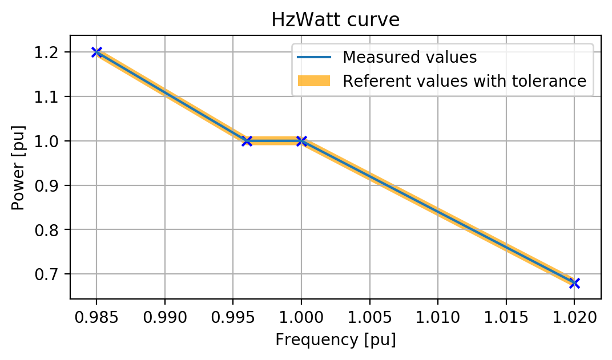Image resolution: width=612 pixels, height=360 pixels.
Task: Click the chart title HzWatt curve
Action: click(x=335, y=20)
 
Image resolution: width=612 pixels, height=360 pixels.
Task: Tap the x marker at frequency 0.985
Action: click(x=96, y=52)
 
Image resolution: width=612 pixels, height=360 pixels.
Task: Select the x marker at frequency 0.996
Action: click(x=247, y=141)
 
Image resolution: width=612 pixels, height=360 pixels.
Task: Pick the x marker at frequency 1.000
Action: click(x=301, y=141)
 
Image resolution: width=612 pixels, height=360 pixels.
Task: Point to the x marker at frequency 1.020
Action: click(x=574, y=283)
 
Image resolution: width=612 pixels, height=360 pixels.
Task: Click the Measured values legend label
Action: click(x=409, y=57)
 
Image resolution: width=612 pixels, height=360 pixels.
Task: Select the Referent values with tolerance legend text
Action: click(x=464, y=81)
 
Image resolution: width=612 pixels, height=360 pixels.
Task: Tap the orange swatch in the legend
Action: click(x=314, y=81)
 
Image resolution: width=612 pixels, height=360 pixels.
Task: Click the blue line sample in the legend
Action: click(x=314, y=57)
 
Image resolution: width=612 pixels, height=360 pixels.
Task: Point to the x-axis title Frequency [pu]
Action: click(x=335, y=340)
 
